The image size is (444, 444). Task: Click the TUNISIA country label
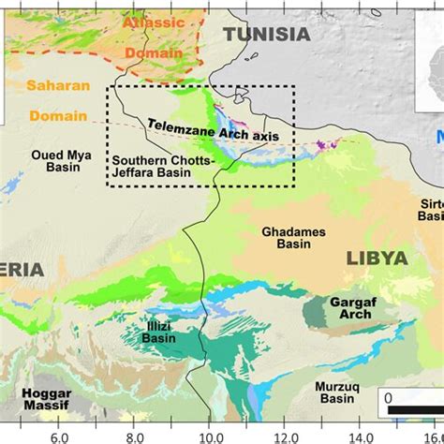click(266, 34)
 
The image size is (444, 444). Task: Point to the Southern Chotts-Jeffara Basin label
click(165, 165)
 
